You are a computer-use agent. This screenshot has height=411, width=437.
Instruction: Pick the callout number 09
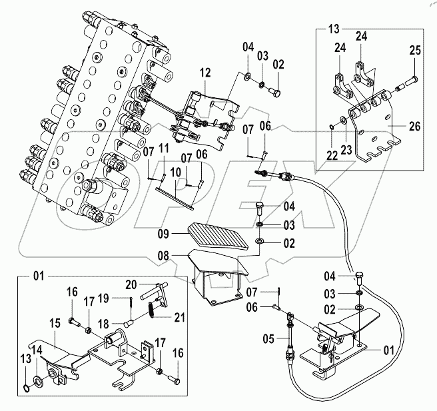(163, 234)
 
